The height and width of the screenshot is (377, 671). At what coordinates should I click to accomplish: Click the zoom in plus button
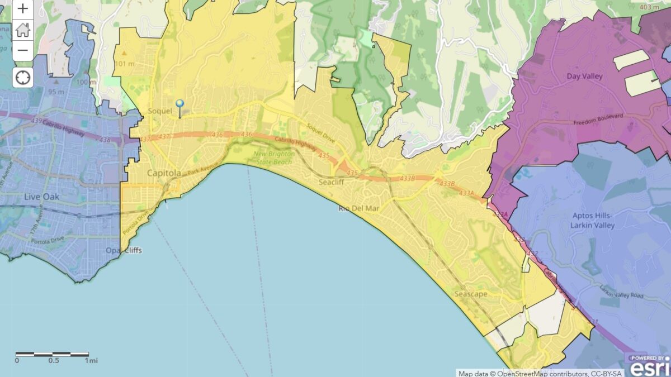pyautogui.click(x=22, y=9)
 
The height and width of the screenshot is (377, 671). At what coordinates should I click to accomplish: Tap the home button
pyautogui.click(x=22, y=30)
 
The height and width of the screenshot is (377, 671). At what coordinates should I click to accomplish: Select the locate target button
pyautogui.click(x=22, y=77)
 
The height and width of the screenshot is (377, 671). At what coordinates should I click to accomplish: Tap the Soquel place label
pyautogui.click(x=159, y=111)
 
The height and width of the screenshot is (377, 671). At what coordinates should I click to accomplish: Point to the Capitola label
pyautogui.click(x=164, y=173)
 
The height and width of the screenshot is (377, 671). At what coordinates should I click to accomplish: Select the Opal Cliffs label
pyautogui.click(x=124, y=250)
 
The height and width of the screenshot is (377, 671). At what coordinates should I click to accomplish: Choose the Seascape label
pyautogui.click(x=470, y=294)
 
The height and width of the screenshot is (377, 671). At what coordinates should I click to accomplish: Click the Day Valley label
pyautogui.click(x=584, y=76)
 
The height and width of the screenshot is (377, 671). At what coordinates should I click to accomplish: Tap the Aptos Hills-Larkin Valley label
pyautogui.click(x=593, y=221)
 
